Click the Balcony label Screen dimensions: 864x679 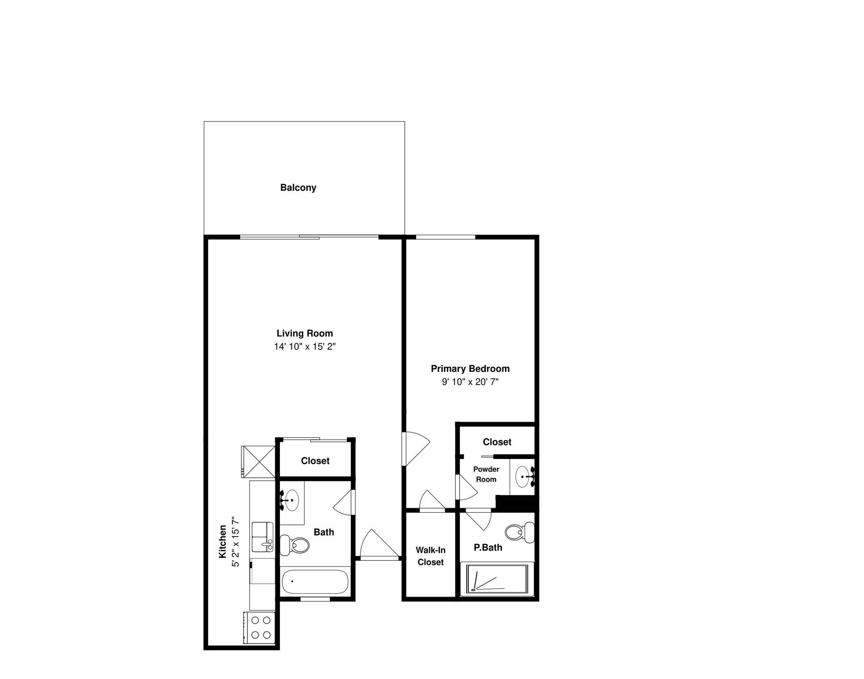(x=298, y=188)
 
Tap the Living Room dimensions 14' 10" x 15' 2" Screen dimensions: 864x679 (x=305, y=347)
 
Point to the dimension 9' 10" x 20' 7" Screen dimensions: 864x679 (x=470, y=382)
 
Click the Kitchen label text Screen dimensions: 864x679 (x=223, y=542)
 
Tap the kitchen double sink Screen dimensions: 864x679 (x=263, y=537)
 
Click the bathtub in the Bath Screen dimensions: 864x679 (x=315, y=582)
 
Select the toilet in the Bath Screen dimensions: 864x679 (x=295, y=545)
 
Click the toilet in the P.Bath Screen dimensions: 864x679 (x=520, y=532)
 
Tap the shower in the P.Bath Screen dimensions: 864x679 (x=497, y=579)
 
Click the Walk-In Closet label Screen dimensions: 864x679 (x=430, y=556)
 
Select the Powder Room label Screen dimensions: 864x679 (x=486, y=474)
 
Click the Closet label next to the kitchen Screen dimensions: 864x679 (x=315, y=461)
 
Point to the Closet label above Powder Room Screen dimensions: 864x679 (x=497, y=442)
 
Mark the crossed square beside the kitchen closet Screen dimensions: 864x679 (x=258, y=461)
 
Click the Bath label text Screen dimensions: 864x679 (x=324, y=532)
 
